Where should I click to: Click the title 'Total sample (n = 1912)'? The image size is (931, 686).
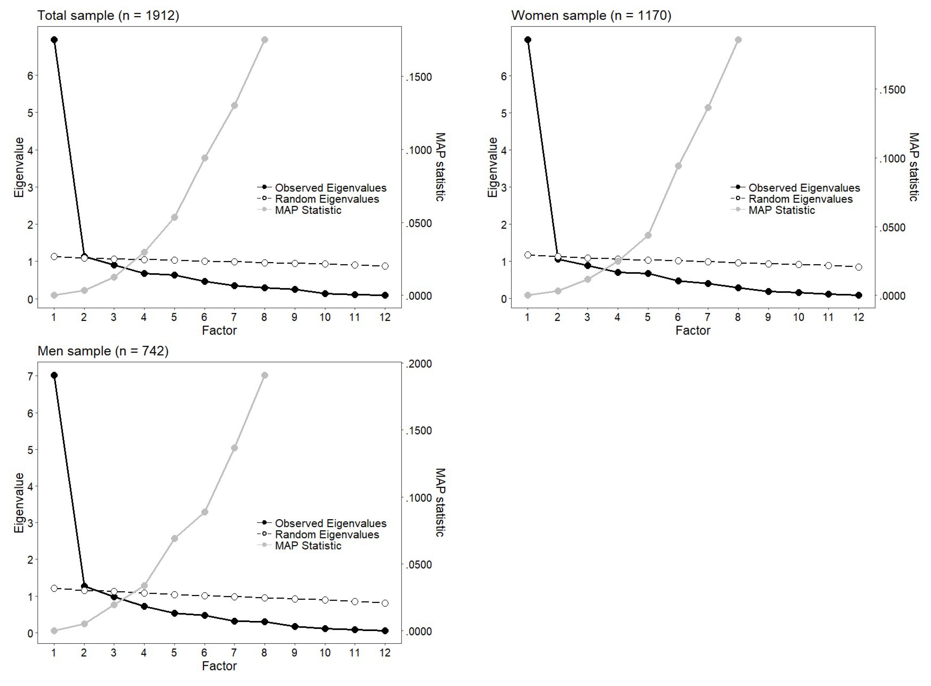pos(108,15)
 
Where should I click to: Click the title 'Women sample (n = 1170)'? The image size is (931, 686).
pos(591,15)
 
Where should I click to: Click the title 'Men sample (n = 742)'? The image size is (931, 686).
pos(103,351)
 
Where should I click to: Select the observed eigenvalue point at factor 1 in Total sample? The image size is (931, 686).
pos(54,40)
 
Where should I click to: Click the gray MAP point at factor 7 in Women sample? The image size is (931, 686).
pos(708,108)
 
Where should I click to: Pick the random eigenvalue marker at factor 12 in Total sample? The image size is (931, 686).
pos(385,266)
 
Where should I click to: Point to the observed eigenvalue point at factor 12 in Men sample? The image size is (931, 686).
pos(385,631)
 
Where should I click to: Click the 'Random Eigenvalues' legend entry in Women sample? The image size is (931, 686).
pos(800,199)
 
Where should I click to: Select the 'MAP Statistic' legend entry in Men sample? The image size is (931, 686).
pos(308,546)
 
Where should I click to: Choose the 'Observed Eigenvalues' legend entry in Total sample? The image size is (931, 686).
pos(330,188)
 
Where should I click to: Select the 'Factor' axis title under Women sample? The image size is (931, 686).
pos(693,331)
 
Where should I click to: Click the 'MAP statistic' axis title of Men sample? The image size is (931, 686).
pos(440,502)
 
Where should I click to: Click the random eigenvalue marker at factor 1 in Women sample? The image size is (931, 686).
pos(528,255)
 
